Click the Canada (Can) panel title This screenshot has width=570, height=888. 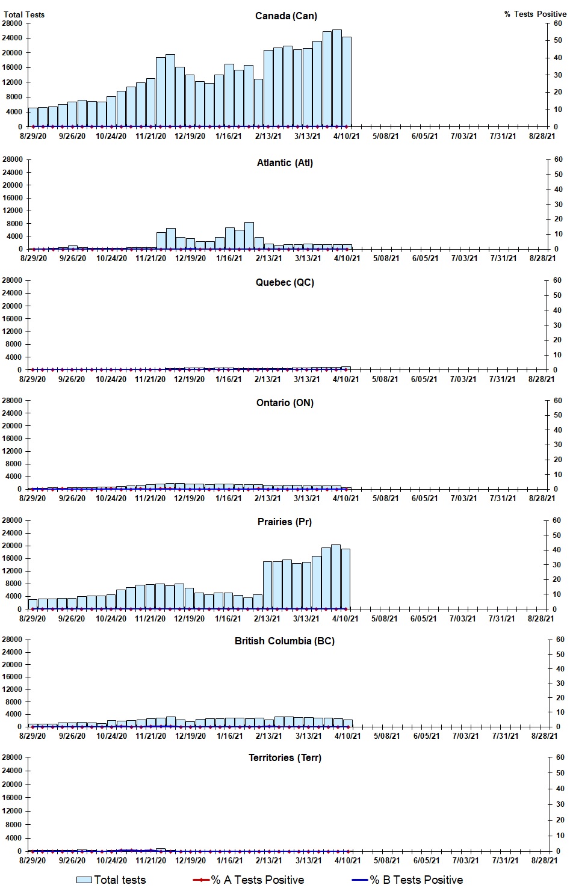pyautogui.click(x=286, y=16)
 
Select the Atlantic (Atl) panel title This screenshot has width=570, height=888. pyautogui.click(x=285, y=162)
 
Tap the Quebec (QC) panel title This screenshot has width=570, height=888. pyautogui.click(x=285, y=282)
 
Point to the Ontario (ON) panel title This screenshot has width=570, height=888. pyautogui.click(x=285, y=402)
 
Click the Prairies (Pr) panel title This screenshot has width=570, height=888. pyautogui.click(x=285, y=522)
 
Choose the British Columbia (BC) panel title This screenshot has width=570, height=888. pyautogui.click(x=285, y=641)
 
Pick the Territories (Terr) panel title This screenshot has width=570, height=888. pyautogui.click(x=285, y=757)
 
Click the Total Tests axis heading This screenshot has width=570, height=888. pyautogui.click(x=24, y=14)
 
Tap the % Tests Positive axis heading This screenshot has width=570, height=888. pyautogui.click(x=535, y=14)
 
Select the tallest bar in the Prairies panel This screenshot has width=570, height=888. pyautogui.click(x=336, y=577)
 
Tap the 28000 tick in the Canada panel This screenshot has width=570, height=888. pyautogui.click(x=13, y=23)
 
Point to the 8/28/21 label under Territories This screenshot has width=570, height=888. pyautogui.click(x=544, y=860)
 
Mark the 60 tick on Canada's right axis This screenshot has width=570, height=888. pyautogui.click(x=558, y=23)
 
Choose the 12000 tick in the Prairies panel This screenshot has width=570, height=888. pyautogui.click(x=13, y=571)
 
